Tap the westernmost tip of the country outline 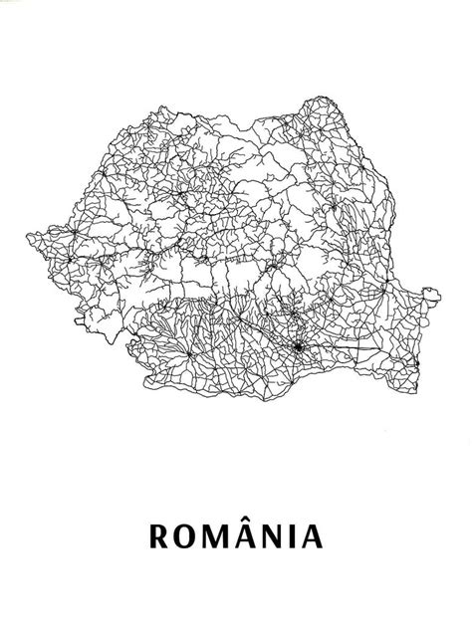(26, 236)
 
